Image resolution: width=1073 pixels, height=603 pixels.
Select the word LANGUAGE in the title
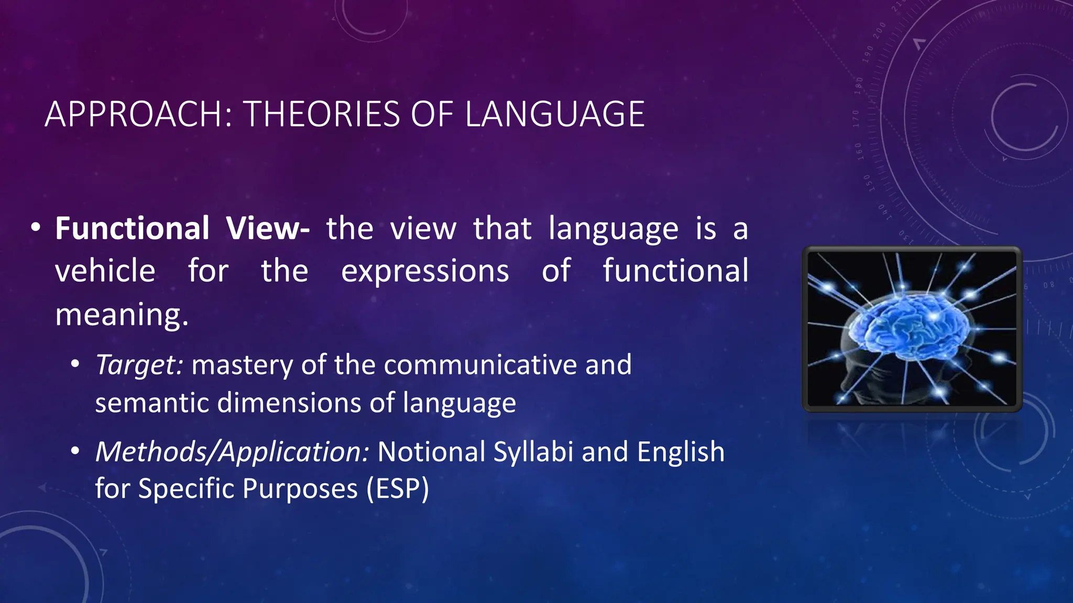554,114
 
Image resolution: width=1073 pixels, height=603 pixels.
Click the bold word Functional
133,229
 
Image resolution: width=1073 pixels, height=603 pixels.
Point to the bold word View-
268,229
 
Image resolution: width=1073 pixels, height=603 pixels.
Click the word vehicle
105,271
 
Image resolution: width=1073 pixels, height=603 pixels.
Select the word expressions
425,271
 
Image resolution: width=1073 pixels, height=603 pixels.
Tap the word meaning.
122,315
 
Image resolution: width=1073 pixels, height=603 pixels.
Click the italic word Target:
139,365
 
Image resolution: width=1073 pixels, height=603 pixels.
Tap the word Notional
431,452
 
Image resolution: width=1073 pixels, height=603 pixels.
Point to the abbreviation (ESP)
398,489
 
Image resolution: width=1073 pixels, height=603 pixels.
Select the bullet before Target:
75,363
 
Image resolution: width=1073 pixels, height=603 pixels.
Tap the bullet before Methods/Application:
75,450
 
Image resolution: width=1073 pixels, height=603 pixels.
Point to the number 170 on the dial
856,119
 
